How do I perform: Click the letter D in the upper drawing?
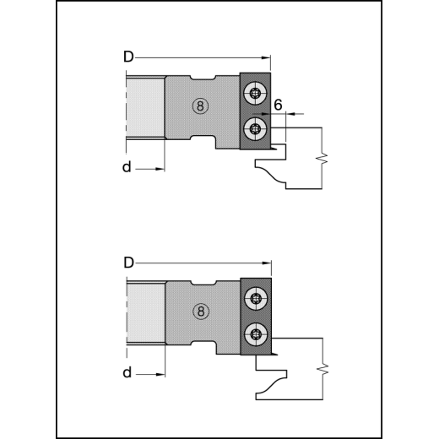[128, 57]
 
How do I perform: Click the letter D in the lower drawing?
[128, 263]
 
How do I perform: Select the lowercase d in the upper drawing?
[127, 166]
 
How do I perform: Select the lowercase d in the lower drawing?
[127, 372]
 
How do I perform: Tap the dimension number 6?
[278, 105]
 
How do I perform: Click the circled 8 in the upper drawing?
[200, 106]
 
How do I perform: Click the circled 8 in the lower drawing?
[201, 312]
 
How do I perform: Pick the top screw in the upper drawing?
[256, 94]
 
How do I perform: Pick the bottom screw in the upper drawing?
[256, 129]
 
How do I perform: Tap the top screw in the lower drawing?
[257, 299]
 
